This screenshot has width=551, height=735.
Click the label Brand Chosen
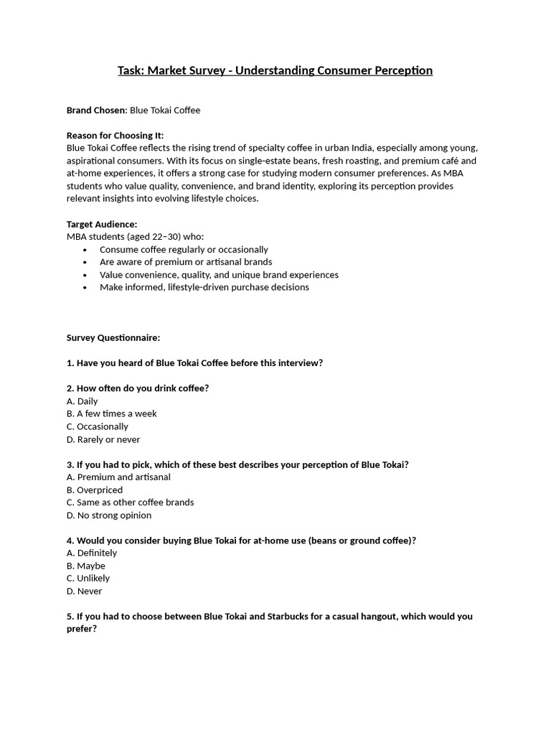tap(96, 111)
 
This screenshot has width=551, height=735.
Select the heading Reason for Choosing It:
tap(115, 136)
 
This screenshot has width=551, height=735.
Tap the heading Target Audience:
tap(102, 224)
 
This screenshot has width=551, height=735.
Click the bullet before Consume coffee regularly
tap(85, 250)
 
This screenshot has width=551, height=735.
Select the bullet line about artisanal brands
tap(185, 262)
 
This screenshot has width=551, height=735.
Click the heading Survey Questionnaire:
tap(113, 337)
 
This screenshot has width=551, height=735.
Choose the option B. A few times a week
tap(111, 413)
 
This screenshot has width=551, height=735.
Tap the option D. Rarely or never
tap(103, 439)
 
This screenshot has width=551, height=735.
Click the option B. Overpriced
tap(95, 490)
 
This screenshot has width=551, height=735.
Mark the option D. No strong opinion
tap(109, 515)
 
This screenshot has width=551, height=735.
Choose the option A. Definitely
tap(91, 553)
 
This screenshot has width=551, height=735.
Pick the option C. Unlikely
tap(88, 579)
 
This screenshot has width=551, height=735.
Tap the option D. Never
tap(84, 591)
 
